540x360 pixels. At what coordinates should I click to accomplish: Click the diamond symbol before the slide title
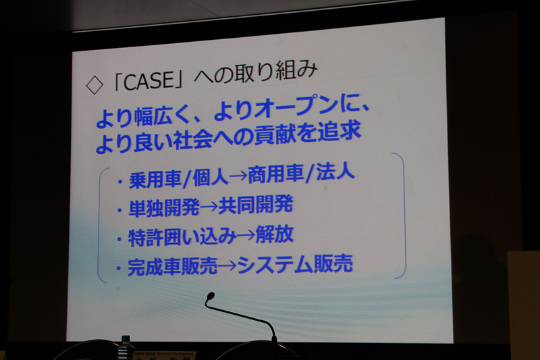94,84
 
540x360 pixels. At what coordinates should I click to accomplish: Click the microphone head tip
210,297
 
